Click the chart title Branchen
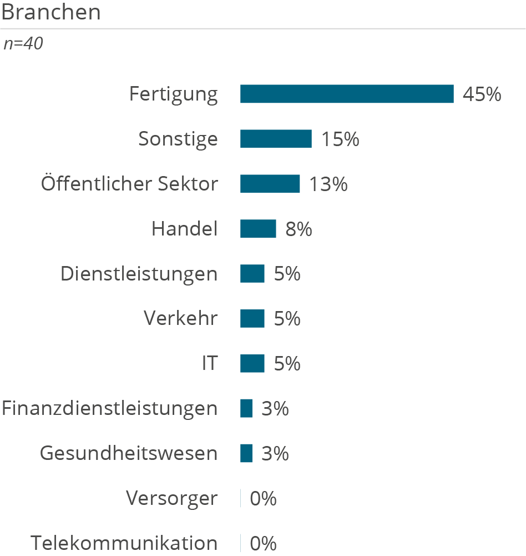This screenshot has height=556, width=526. (x=51, y=12)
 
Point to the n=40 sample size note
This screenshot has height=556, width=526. (x=23, y=44)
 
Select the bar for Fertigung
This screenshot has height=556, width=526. (x=347, y=94)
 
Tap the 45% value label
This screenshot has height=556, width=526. (x=482, y=94)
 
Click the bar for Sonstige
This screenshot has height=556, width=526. (x=276, y=139)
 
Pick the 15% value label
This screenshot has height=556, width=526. (x=340, y=139)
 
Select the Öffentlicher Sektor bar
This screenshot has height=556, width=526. (x=270, y=184)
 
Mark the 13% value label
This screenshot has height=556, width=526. (x=328, y=184)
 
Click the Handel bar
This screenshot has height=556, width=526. (x=258, y=228)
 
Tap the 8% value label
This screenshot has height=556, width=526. (x=299, y=229)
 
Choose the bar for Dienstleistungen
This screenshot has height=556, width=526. (x=252, y=273)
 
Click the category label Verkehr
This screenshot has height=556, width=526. (x=181, y=318)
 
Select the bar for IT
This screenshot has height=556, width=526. (x=252, y=363)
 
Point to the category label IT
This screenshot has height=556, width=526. (x=210, y=363)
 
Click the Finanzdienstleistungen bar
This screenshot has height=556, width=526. (x=246, y=408)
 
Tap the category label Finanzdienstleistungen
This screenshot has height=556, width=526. (x=110, y=408)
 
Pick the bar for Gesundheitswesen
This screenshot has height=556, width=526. (x=246, y=453)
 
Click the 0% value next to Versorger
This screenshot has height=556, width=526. (x=263, y=499)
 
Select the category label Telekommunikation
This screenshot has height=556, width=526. (x=124, y=543)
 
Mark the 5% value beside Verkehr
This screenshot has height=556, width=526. (x=287, y=319)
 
